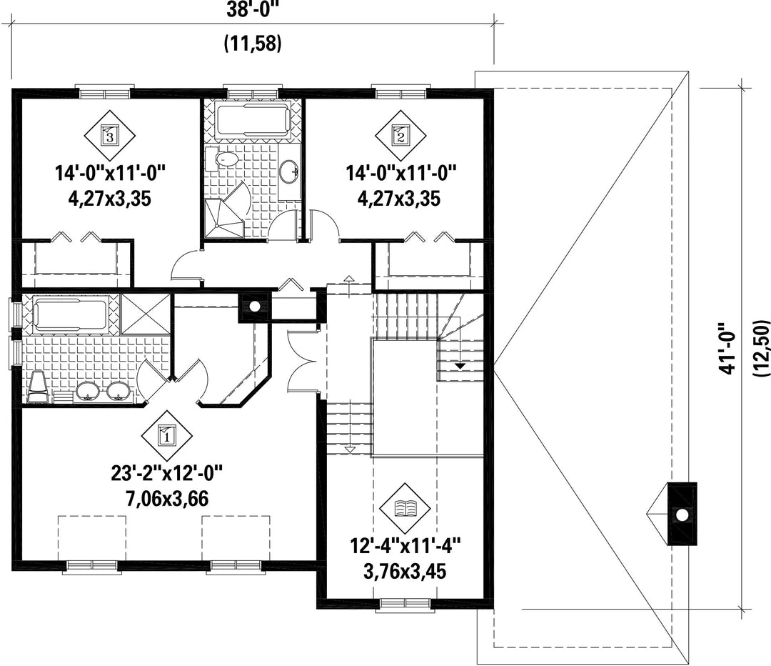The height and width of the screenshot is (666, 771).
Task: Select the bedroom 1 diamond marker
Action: click(x=166, y=435)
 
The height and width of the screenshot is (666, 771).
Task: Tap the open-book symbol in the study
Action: click(x=405, y=507)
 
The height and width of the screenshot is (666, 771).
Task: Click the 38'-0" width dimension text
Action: click(x=253, y=10)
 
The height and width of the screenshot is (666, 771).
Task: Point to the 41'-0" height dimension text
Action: click(x=730, y=349)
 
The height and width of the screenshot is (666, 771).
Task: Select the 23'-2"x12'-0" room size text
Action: click(x=166, y=474)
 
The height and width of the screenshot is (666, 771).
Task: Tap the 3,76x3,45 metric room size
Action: click(x=405, y=572)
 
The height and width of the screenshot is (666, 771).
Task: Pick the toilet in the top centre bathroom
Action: click(x=221, y=159)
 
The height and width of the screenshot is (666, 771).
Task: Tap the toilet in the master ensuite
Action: click(x=38, y=387)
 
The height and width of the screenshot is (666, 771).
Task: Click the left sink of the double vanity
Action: click(x=88, y=392)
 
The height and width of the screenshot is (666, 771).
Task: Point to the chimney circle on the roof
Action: click(x=682, y=515)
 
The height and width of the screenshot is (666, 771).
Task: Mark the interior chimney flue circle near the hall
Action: click(x=254, y=307)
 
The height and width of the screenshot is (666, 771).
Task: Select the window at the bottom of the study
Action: click(x=405, y=605)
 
